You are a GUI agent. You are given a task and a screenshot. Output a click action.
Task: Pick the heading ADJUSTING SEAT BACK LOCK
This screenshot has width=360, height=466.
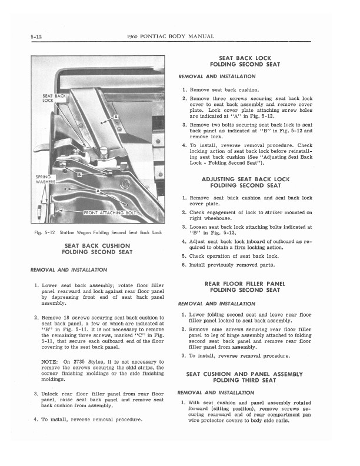[x=245, y=178]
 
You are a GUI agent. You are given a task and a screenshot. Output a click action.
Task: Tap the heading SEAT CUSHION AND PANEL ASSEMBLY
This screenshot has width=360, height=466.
[x=244, y=374]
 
